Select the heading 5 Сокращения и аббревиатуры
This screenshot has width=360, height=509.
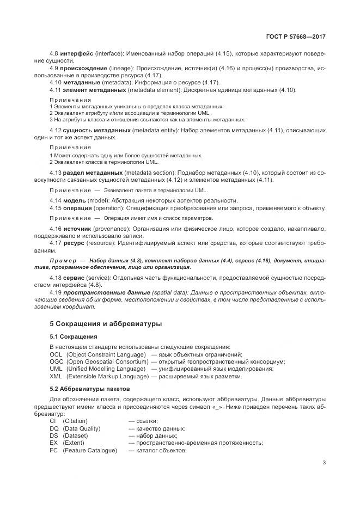(x=106, y=323)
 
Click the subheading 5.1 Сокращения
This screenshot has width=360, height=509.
(x=74, y=337)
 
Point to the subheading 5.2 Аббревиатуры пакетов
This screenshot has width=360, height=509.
(x=90, y=389)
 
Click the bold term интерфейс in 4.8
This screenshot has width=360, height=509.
(x=77, y=53)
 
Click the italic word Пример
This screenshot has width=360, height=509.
(x=63, y=261)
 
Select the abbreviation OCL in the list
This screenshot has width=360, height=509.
(x=56, y=354)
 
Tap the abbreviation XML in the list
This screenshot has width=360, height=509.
(x=56, y=376)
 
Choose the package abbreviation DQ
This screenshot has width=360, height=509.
(x=53, y=428)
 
